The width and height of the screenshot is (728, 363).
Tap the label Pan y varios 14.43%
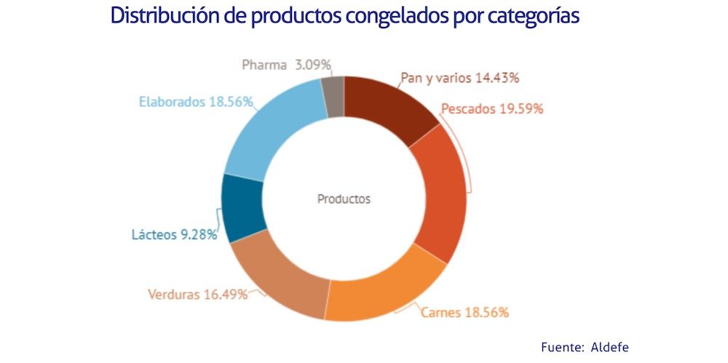coord(459,78)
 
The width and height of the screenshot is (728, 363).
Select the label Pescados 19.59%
coord(491,109)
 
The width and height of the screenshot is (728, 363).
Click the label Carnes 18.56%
coord(464,312)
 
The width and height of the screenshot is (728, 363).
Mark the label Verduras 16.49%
coord(197,295)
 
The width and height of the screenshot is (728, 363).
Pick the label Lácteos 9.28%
coord(175,235)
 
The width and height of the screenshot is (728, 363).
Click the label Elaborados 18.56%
coord(196,102)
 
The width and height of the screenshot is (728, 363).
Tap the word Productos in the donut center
coord(344,199)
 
